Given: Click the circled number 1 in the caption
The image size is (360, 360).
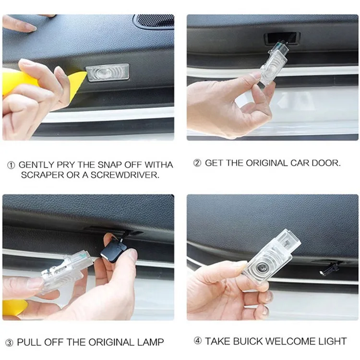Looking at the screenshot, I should [x=11, y=165].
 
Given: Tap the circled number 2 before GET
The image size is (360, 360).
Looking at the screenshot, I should [x=197, y=163].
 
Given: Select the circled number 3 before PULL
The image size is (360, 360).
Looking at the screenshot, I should [x=9, y=343].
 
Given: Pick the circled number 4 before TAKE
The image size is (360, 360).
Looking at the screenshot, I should [x=198, y=341].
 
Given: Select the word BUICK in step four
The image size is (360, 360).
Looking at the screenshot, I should [x=247, y=341].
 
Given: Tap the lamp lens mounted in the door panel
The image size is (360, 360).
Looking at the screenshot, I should [x=108, y=72].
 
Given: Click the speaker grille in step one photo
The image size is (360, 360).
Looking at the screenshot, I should [x=155, y=21].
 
